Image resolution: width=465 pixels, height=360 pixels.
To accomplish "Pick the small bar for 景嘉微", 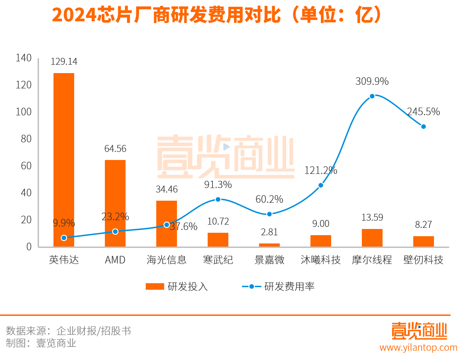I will [269, 245].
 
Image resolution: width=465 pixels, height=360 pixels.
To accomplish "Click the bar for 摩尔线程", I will [372, 238].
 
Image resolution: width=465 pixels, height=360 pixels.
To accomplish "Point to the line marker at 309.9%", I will [372, 96].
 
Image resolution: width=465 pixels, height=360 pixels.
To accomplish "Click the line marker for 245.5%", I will [424, 127].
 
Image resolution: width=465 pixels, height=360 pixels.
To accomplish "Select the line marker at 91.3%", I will [218, 199].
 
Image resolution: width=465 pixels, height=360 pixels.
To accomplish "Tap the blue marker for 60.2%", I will [269, 214].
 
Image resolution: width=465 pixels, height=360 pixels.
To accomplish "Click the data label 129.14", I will [64, 61].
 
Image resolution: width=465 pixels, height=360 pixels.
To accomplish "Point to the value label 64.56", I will [115, 149].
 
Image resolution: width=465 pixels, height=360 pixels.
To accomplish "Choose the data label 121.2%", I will [320, 170].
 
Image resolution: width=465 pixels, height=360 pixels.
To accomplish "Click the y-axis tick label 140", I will [23, 58].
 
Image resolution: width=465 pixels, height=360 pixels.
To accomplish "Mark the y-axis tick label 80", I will [26, 139].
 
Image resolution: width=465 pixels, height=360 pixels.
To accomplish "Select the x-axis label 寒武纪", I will [218, 260].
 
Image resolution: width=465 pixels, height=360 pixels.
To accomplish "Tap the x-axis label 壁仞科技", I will [423, 260].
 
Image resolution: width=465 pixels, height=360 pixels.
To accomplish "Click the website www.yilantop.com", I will [418, 347].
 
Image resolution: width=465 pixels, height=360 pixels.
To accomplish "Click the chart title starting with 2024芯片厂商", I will [217, 15].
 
